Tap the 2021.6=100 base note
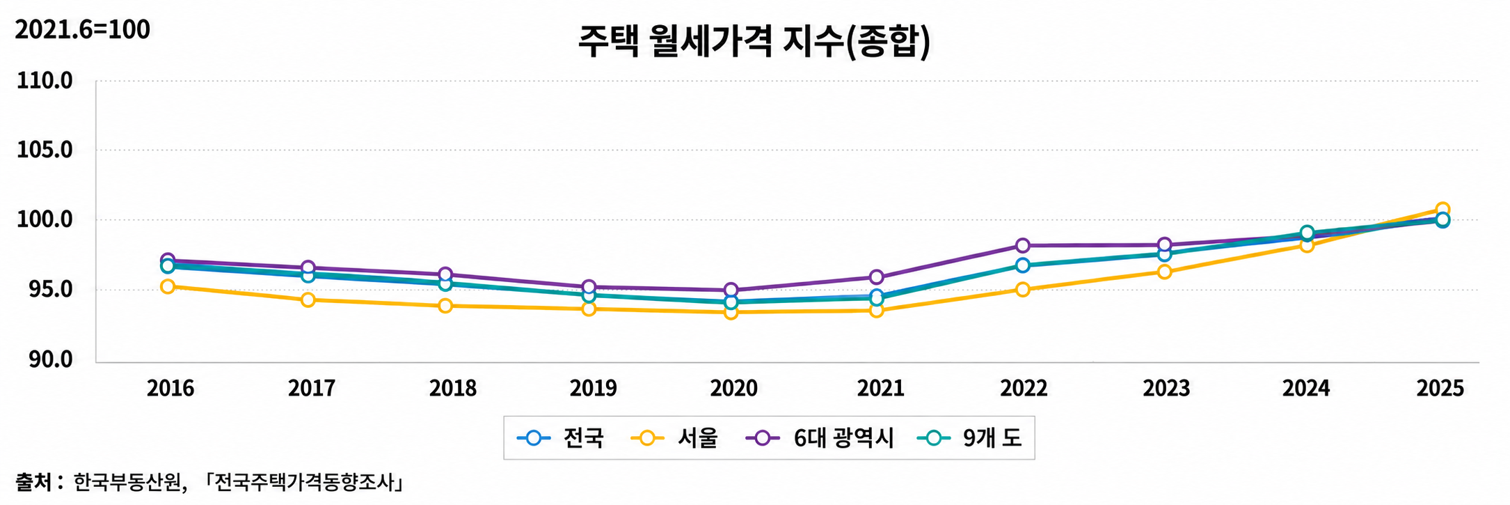82,30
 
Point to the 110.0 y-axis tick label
45,81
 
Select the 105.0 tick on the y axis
45,150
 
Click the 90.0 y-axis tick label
45,359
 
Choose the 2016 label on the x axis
170,388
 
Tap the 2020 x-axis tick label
733,388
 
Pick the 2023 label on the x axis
1166,388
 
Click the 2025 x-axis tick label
1440,388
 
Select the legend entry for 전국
561,438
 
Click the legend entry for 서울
674,438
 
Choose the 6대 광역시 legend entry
820,438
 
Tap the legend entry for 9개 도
969,438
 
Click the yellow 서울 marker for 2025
1443,209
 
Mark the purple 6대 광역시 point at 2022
1022,245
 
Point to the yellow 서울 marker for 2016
168,286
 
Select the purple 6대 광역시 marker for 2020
731,290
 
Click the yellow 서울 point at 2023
1164,272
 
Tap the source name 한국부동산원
129,482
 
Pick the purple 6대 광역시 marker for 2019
589,286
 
